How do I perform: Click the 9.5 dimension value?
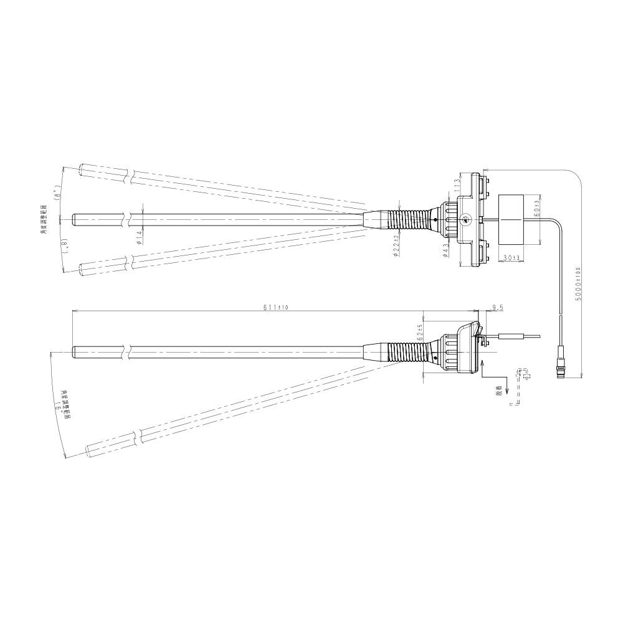click(x=497, y=308)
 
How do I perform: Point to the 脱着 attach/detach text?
click(x=498, y=390)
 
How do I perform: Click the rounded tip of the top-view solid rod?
click(x=75, y=219)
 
